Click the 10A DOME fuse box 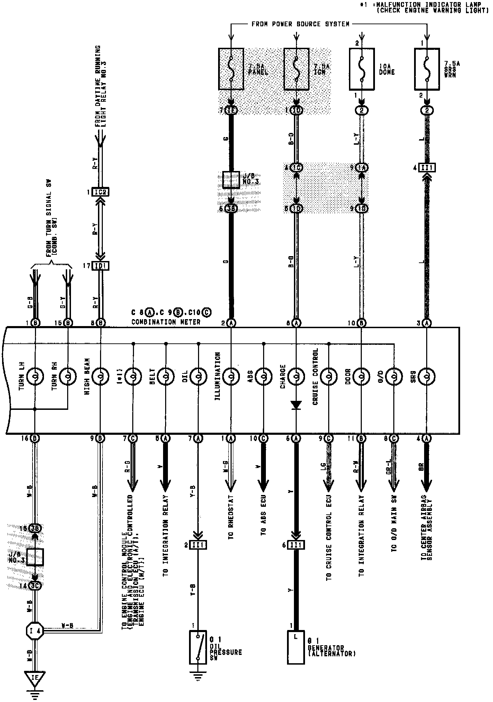[x=361, y=69]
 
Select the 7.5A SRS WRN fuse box [x=427, y=69]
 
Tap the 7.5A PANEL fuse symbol [x=231, y=69]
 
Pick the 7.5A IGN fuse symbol [x=296, y=69]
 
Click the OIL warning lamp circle [x=198, y=376]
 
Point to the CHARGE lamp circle [x=296, y=376]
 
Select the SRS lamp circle [x=427, y=376]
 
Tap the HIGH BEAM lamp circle [x=101, y=376]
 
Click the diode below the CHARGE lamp [x=296, y=405]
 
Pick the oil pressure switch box [x=198, y=647]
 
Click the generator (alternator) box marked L [x=296, y=647]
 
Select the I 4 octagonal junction [x=35, y=631]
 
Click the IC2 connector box [x=100, y=192]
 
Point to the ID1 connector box [x=100, y=266]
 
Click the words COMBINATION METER [x=166, y=322]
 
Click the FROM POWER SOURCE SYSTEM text [x=300, y=24]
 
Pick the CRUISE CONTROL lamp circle [x=329, y=376]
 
